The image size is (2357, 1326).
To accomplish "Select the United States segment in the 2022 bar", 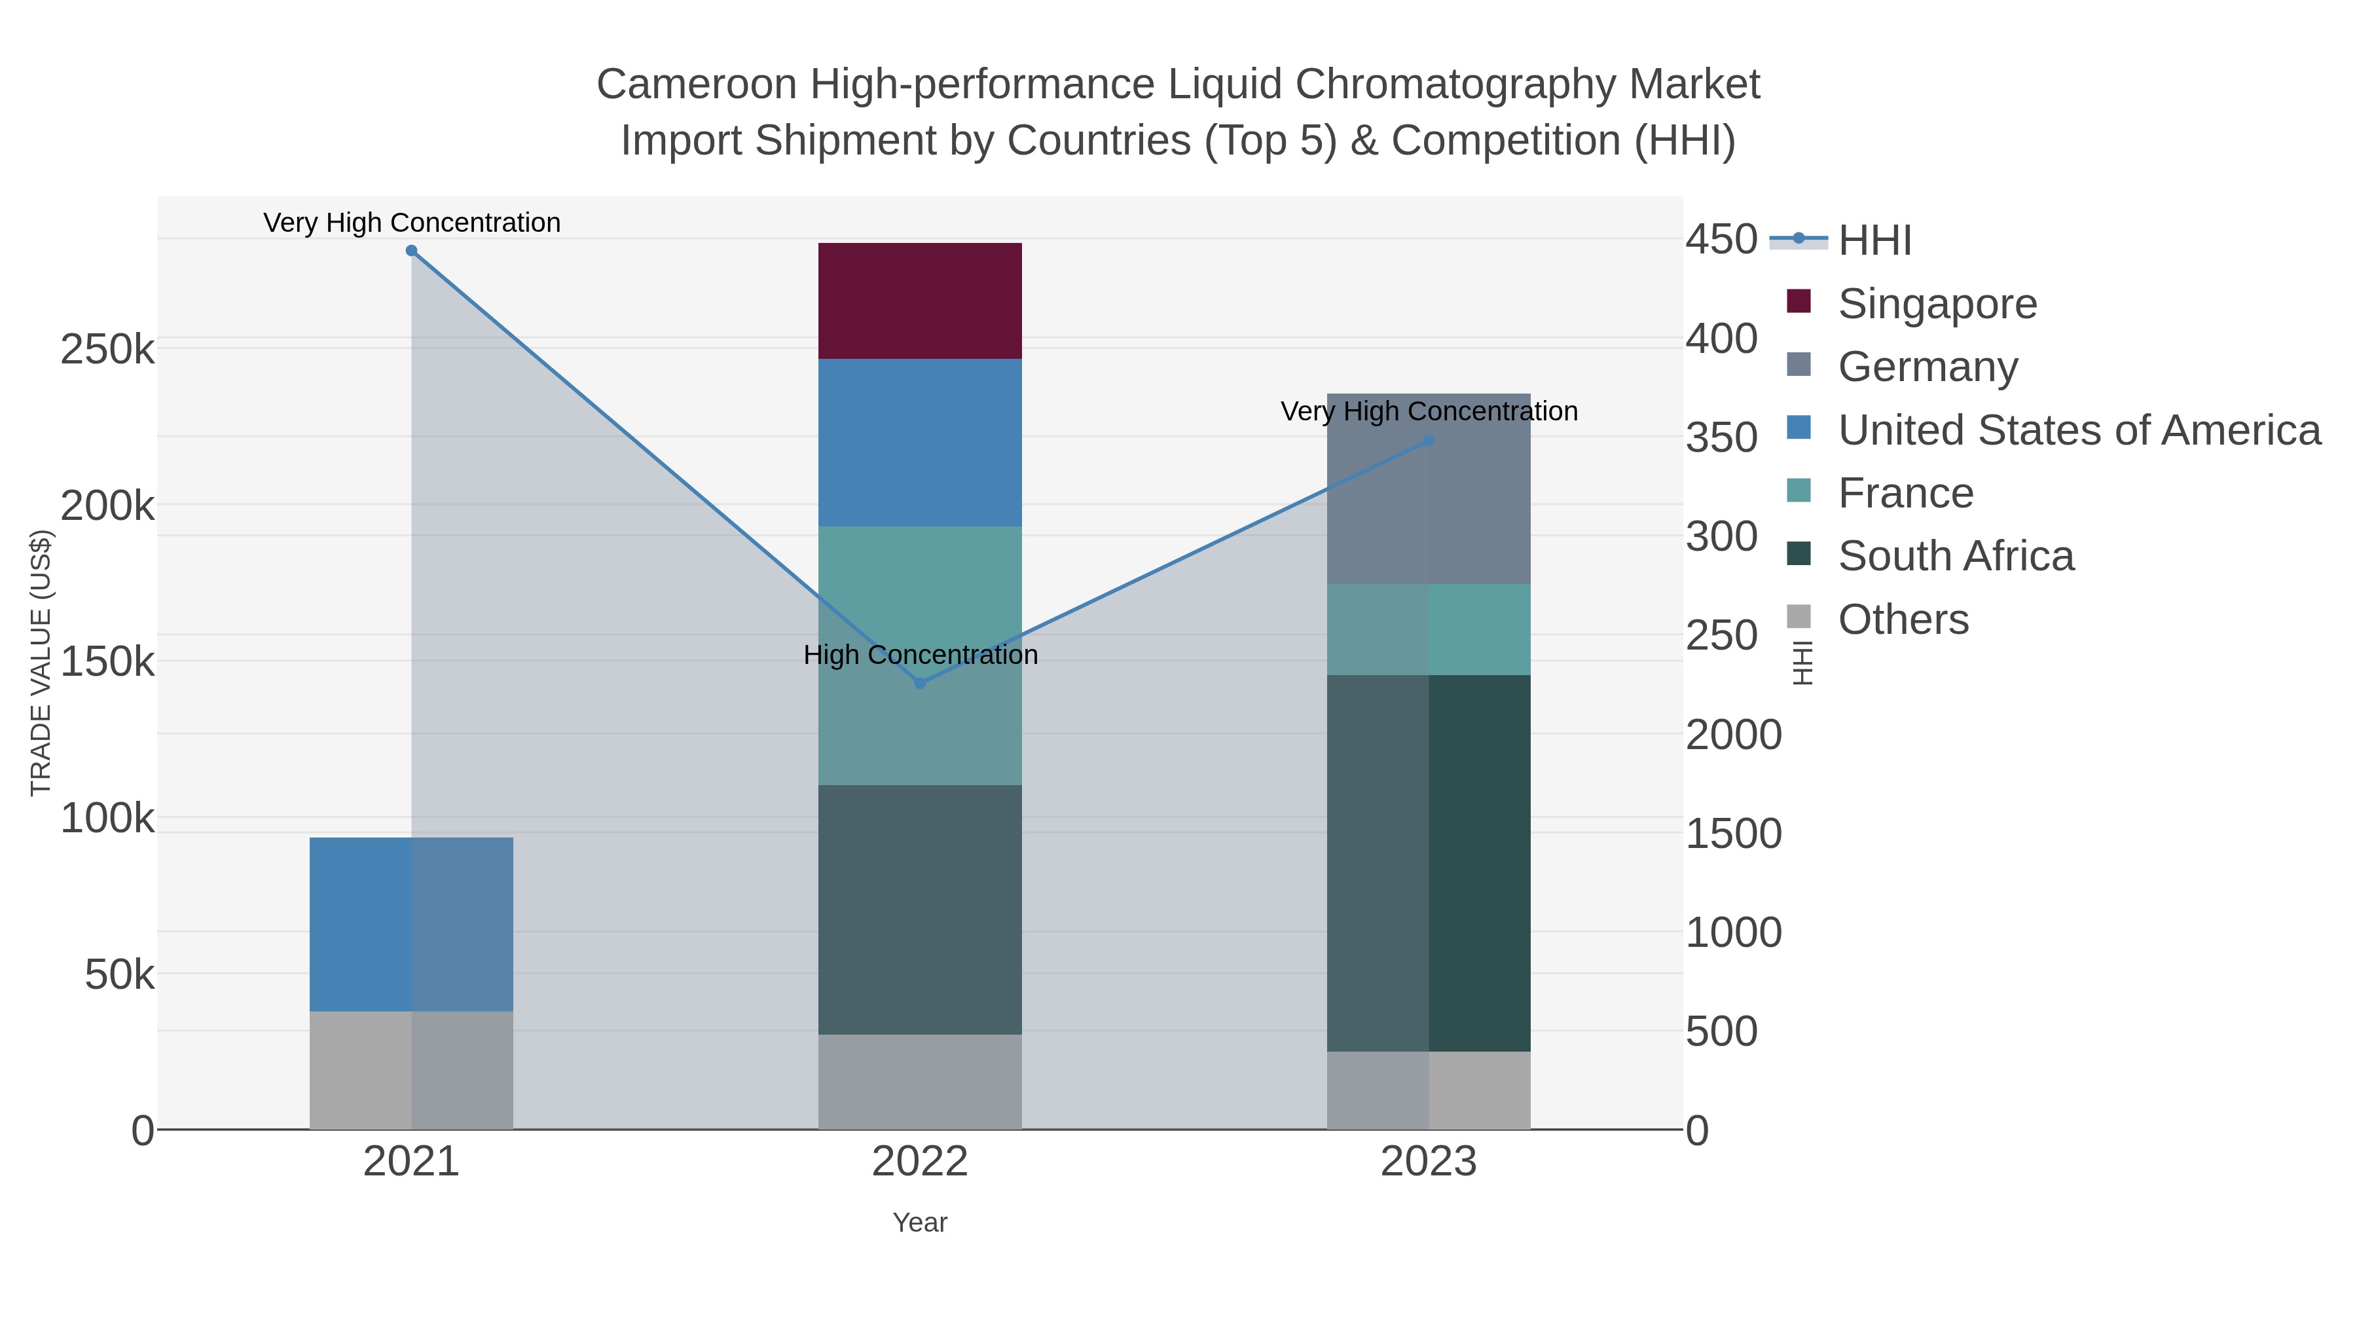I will tap(920, 442).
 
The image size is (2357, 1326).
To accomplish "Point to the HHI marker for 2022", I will tap(920, 684).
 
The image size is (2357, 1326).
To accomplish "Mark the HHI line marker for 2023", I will tap(1429, 441).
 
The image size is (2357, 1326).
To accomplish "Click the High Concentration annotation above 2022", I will tap(920, 655).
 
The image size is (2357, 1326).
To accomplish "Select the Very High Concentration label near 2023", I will tap(1429, 412).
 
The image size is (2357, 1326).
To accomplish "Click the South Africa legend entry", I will tap(1954, 557).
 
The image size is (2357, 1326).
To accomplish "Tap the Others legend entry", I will tap(1902, 619).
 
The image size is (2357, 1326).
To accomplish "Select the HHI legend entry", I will tap(1874, 241).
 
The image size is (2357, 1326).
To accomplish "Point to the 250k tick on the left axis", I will tap(107, 350).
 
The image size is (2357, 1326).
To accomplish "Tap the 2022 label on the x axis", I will tap(920, 1162).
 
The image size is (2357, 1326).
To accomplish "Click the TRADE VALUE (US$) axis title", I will tap(41, 663).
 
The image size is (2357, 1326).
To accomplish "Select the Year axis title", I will tap(920, 1223).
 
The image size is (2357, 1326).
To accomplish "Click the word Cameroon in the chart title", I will tap(695, 85).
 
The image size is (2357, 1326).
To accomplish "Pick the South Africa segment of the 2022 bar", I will tap(920, 909).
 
